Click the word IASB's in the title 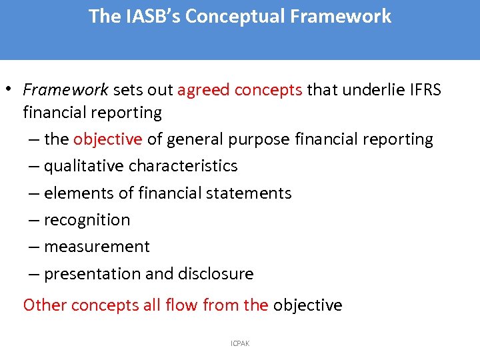(x=152, y=17)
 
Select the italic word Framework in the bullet (x=65, y=90)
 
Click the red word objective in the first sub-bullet (x=108, y=139)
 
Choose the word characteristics (x=183, y=166)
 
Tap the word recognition (x=87, y=220)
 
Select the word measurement (x=97, y=247)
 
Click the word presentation (x=94, y=274)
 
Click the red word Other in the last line (x=45, y=305)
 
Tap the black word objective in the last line (x=307, y=305)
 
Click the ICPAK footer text (x=240, y=343)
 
